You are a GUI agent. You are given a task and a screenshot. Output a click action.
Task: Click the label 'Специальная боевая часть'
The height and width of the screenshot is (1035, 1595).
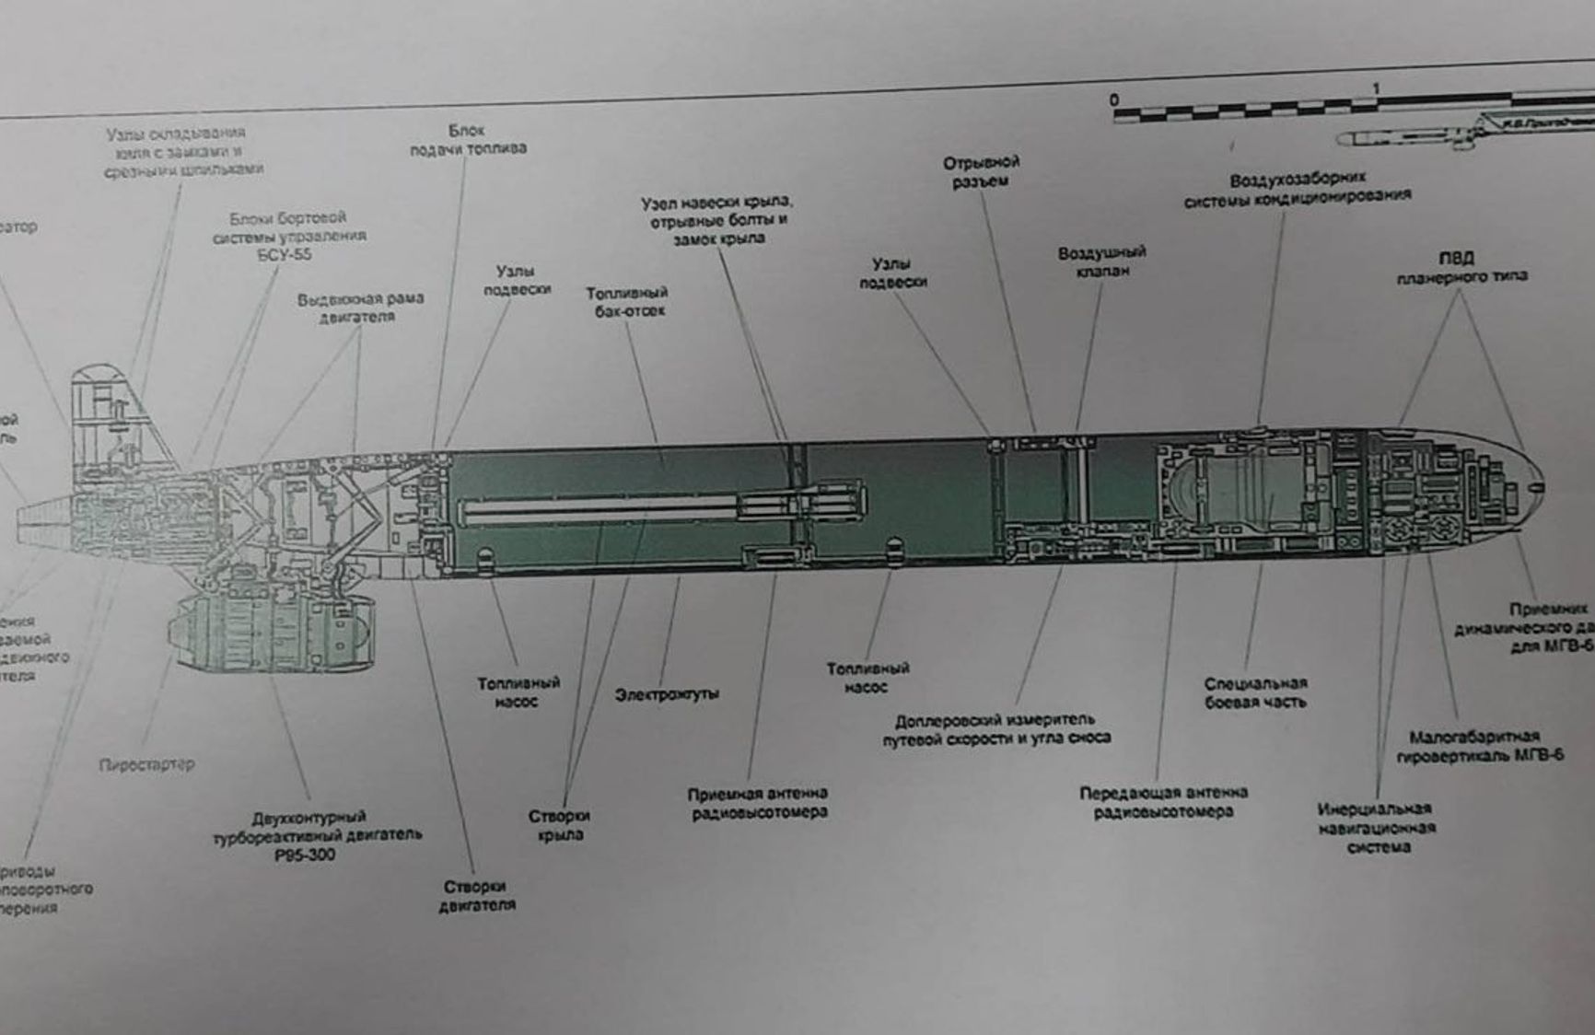click(1255, 692)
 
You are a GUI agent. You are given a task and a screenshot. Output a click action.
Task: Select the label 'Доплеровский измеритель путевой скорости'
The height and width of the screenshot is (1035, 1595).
click(996, 728)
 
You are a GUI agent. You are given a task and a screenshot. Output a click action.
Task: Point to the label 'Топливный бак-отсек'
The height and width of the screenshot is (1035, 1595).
click(627, 301)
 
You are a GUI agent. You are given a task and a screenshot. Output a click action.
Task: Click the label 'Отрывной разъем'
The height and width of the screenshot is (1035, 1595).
click(981, 171)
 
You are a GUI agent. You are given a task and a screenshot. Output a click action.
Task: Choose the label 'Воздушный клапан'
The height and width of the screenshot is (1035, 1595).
click(1101, 261)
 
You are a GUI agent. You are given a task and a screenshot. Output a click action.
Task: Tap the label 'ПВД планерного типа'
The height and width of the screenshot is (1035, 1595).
click(1461, 266)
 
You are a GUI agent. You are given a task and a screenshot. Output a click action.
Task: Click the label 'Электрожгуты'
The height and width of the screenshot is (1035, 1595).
click(667, 694)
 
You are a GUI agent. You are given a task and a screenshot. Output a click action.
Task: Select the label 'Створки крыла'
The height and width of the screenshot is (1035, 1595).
click(559, 825)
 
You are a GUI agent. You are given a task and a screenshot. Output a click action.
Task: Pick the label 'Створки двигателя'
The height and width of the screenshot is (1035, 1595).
click(476, 895)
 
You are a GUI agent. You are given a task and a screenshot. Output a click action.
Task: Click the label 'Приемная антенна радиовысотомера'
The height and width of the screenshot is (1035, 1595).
click(757, 802)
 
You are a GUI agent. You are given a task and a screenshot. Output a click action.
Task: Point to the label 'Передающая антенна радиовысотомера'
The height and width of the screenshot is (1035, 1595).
click(1163, 801)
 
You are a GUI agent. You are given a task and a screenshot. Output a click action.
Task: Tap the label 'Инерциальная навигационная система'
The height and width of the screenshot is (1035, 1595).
click(1376, 827)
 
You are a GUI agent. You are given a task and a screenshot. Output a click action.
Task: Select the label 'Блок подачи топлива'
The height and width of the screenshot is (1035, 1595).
click(468, 139)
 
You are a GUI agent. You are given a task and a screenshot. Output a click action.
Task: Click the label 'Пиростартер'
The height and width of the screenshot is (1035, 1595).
click(146, 764)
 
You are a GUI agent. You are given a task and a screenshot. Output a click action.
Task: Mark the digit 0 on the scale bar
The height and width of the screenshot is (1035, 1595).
click(1114, 99)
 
